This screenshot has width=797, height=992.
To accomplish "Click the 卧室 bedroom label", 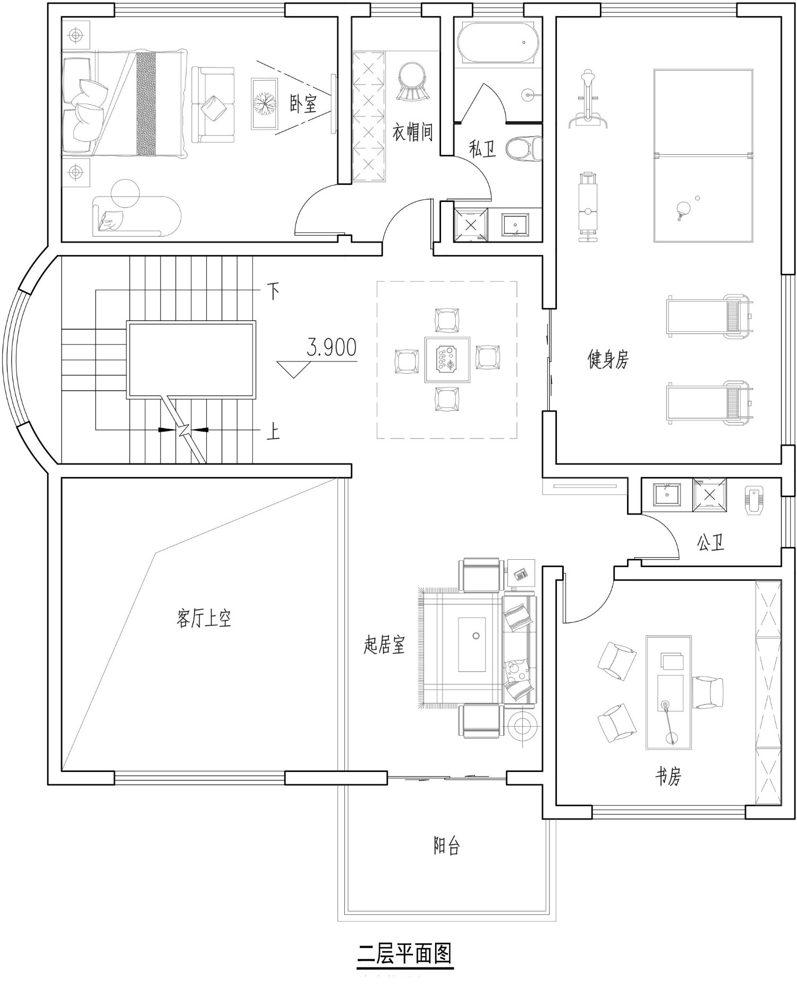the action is [303, 104].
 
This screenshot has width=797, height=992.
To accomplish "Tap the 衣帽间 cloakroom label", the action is [413, 132].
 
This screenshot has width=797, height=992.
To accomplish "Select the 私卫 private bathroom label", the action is [482, 149].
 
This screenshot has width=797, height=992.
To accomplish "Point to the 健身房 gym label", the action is [608, 359].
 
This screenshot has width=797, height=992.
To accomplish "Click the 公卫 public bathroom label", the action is [711, 542].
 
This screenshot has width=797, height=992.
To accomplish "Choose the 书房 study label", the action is [668, 777].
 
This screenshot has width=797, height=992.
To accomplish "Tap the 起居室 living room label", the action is [384, 645].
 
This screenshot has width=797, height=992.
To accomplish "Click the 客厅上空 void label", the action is [204, 618].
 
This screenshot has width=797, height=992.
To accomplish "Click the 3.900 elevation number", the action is [332, 348].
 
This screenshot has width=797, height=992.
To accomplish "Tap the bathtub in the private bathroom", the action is [499, 43].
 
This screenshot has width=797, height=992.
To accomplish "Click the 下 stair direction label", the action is [273, 291].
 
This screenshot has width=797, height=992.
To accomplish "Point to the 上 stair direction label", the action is [273, 431].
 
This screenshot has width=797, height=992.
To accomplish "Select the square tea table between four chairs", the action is [447, 359].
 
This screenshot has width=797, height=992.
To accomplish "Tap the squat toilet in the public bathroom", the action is [754, 500].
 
